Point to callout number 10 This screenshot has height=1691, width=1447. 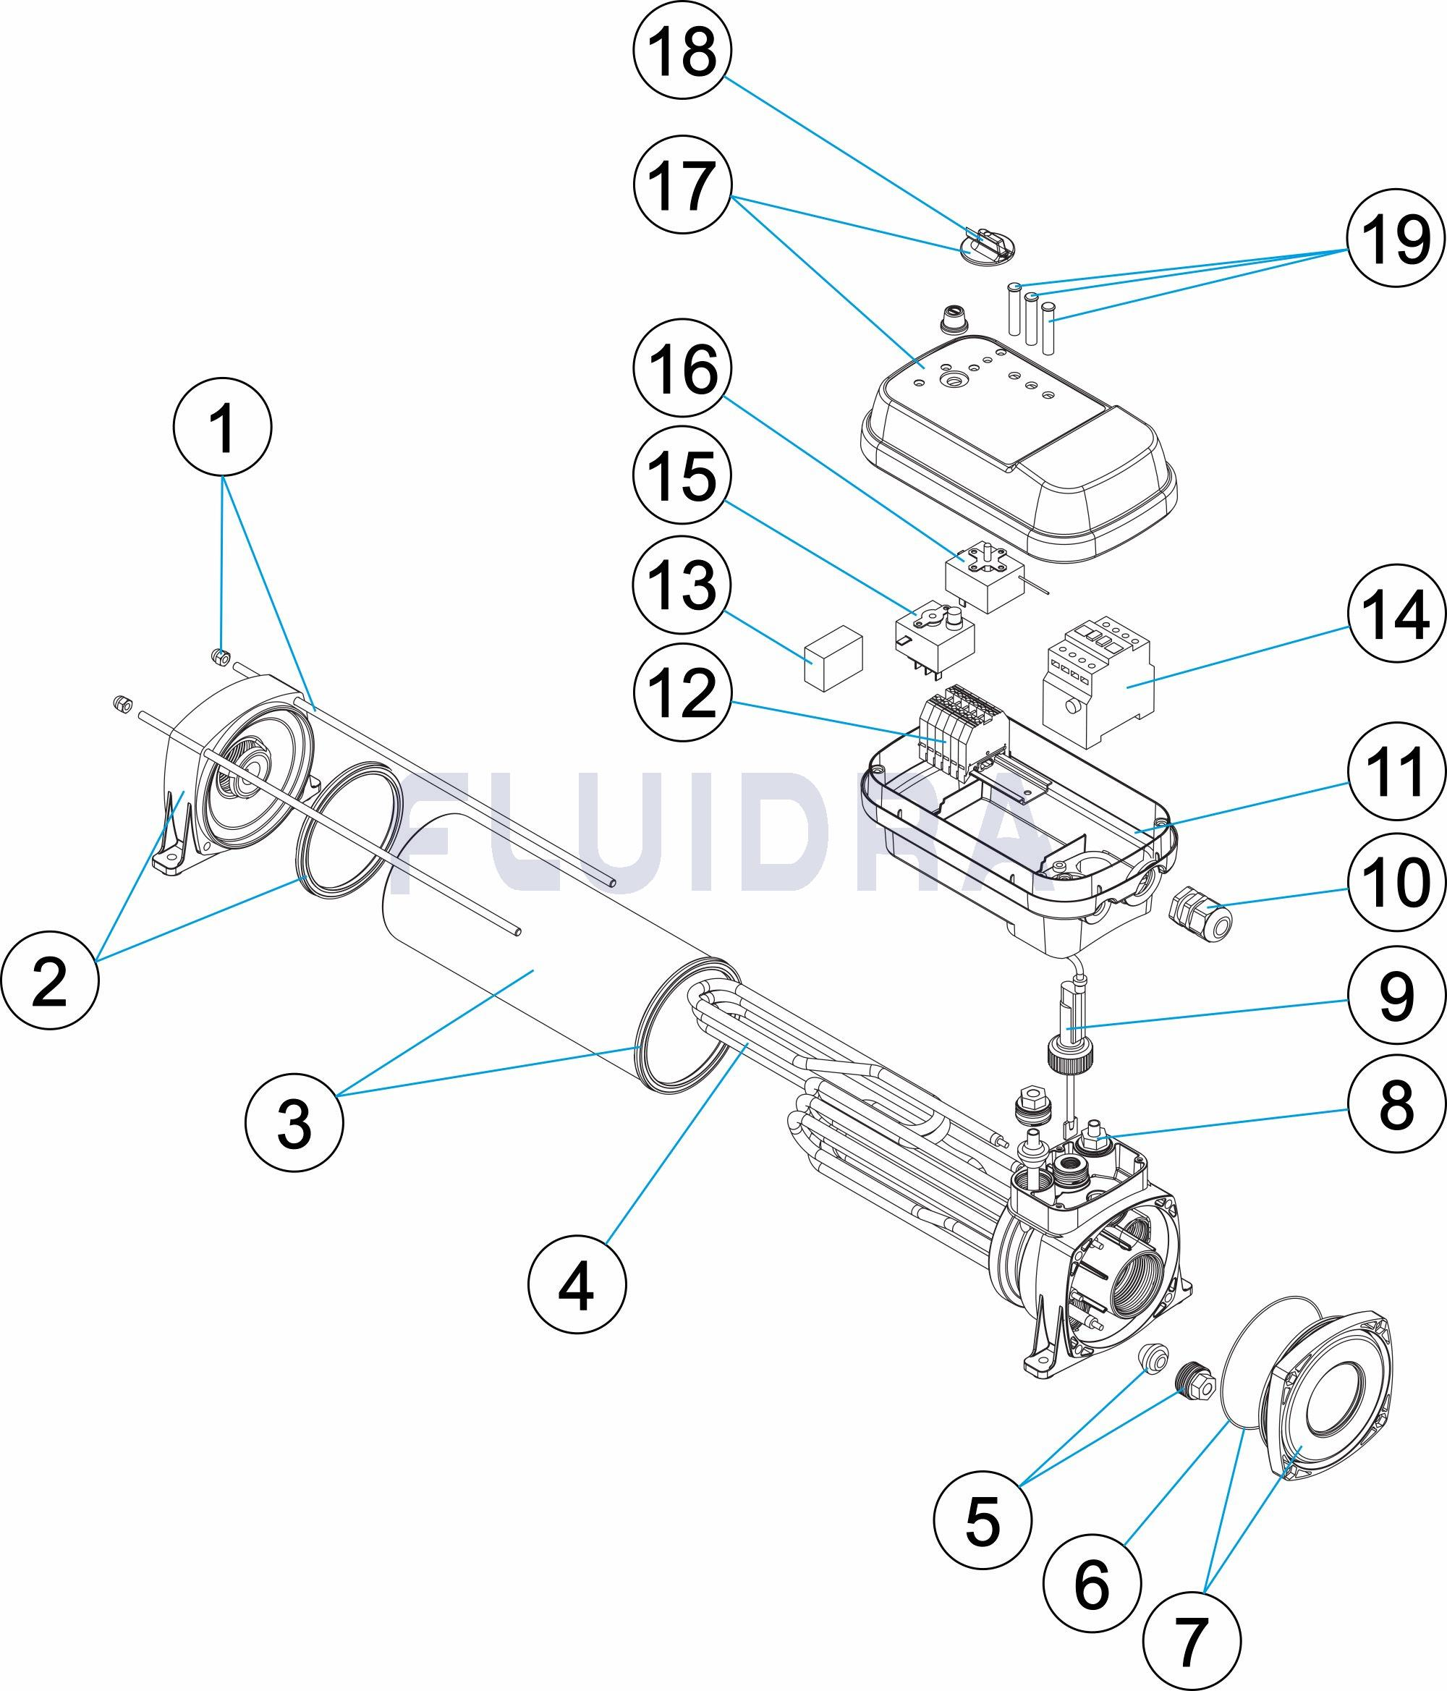pos(1395,882)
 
